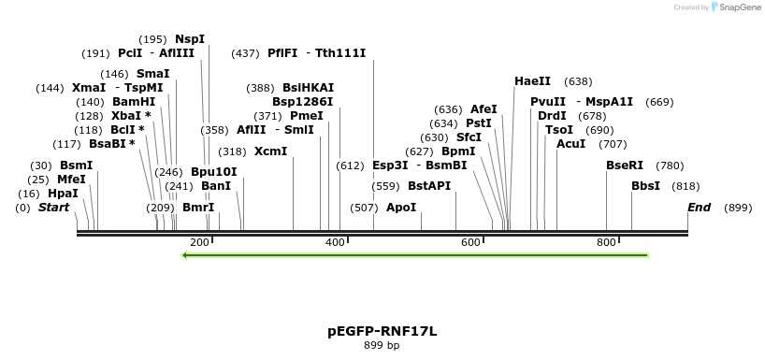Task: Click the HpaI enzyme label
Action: (63, 194)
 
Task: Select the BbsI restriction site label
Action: (645, 186)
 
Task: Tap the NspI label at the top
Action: (190, 39)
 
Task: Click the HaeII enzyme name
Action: (532, 81)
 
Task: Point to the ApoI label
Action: (401, 208)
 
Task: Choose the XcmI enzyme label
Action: (270, 151)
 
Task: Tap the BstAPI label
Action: (429, 186)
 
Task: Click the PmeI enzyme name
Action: (307, 116)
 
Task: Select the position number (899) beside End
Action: (738, 208)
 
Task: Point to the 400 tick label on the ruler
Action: (336, 243)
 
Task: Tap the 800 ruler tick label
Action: (606, 243)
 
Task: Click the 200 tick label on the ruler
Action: (199, 243)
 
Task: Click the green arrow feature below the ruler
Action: (414, 255)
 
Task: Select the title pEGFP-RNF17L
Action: (382, 331)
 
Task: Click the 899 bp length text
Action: (382, 346)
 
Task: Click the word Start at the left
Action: (54, 208)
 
